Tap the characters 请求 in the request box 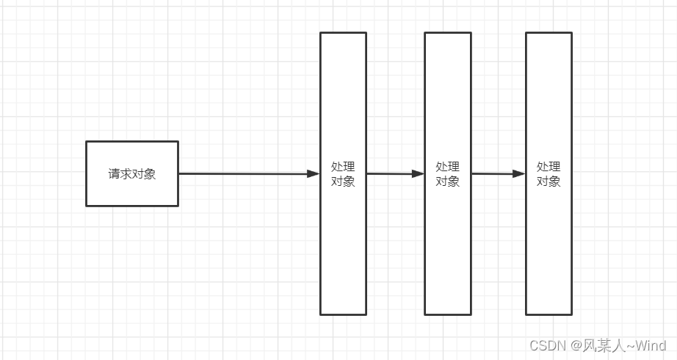[x=120, y=174]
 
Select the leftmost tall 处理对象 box [x=343, y=242]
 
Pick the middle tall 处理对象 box [x=447, y=242]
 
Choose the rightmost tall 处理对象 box [x=549, y=242]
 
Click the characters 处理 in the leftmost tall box [x=343, y=168]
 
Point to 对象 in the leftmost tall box [x=343, y=181]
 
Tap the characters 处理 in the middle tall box [x=447, y=168]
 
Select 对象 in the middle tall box [x=447, y=181]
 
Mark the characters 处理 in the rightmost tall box [x=549, y=168]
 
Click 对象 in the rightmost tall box [x=549, y=181]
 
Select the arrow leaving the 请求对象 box [x=242, y=173]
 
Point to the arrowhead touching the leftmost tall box [x=314, y=173]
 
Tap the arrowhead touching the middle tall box [x=418, y=173]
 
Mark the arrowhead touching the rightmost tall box [x=519, y=173]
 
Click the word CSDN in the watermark [x=545, y=345]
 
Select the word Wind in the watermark [x=650, y=345]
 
